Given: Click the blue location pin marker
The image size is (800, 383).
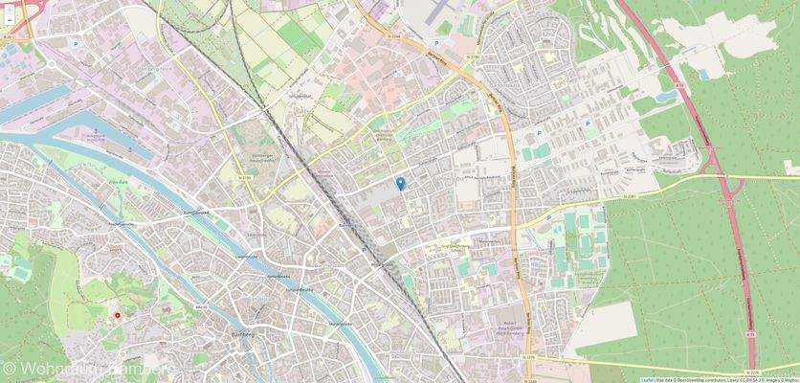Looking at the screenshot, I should pyautogui.click(x=401, y=182).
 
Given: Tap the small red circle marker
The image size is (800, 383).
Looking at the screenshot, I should pyautogui.click(x=118, y=314).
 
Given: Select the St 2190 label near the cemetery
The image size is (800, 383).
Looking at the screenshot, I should pyautogui.click(x=245, y=177).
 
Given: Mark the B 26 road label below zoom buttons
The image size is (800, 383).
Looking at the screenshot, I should pyautogui.click(x=8, y=37).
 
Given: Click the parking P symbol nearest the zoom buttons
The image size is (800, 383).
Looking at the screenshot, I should pyautogui.click(x=75, y=43).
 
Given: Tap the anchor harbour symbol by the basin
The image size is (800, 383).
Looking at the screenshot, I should pyautogui.click(x=95, y=128).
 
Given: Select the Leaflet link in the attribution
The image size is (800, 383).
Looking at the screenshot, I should pyautogui.click(x=647, y=379).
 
